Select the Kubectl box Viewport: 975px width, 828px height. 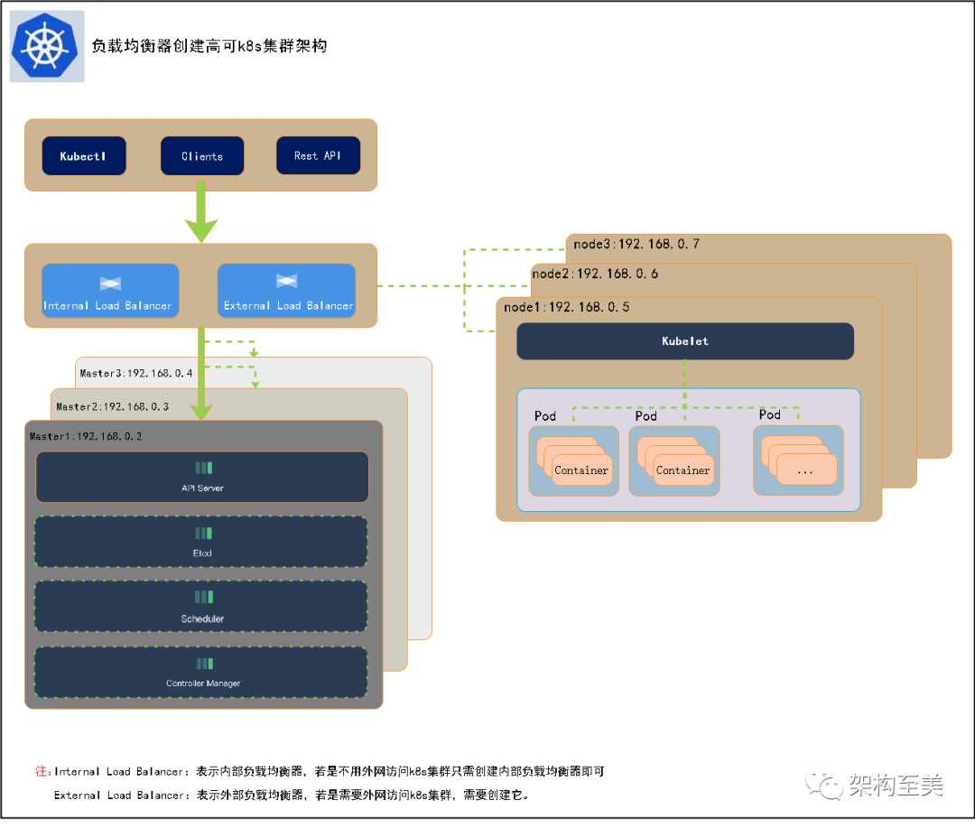[84, 156]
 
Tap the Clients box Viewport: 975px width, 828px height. [202, 156]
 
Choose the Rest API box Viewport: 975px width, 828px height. [318, 156]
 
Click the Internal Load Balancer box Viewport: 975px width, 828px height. [109, 291]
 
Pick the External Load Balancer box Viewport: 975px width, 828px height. [287, 291]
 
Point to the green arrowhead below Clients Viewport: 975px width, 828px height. [200, 229]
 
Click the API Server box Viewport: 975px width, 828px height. [202, 477]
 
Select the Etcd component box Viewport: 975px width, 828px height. [201, 542]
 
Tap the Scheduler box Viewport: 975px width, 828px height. [201, 607]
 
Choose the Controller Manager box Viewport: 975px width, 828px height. [201, 672]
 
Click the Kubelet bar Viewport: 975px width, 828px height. [685, 341]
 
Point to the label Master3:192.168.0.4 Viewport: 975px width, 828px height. [136, 372]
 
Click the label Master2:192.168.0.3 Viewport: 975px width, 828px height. [112, 406]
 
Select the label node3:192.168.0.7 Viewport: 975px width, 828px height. [636, 244]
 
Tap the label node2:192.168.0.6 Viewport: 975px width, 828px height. [595, 274]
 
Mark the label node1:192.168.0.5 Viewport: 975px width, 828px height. [566, 307]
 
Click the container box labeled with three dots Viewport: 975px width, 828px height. [806, 470]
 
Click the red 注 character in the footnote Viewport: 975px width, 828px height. [41, 772]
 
